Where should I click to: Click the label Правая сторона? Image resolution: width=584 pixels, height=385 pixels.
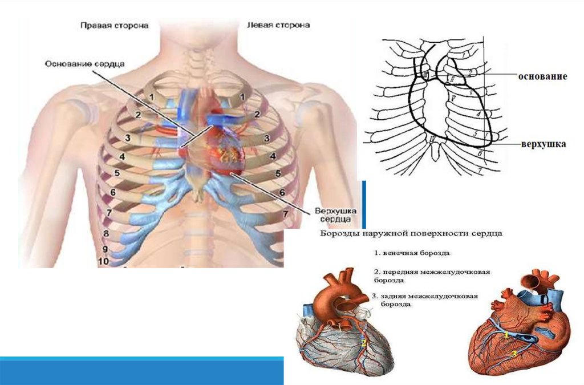tap(114, 26)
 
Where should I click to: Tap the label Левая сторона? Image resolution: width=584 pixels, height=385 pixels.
tap(278, 26)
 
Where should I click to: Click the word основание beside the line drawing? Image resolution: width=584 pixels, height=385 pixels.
tap(542, 76)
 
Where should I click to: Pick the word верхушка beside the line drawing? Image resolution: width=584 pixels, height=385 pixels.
tap(543, 144)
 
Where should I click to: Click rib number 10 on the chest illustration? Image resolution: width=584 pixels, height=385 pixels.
tap(104, 261)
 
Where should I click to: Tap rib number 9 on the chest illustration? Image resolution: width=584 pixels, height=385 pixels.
tap(105, 249)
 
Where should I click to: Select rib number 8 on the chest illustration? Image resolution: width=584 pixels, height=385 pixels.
tap(106, 234)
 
